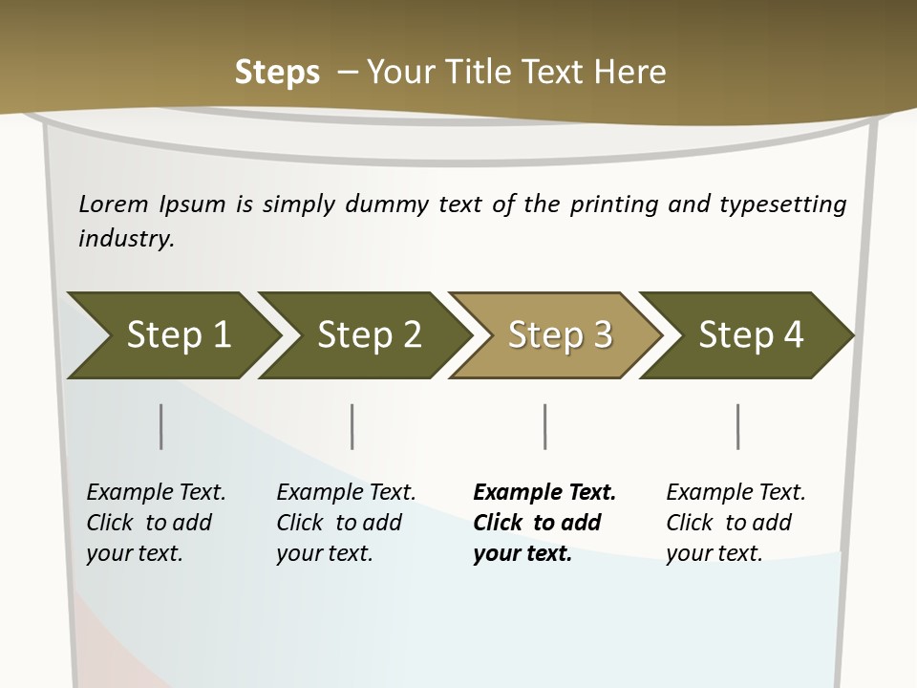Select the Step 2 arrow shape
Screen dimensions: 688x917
368,335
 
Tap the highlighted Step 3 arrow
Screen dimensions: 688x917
559,335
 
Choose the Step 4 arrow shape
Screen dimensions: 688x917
750,335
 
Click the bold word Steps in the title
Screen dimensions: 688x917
277,73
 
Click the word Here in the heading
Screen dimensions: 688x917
632,73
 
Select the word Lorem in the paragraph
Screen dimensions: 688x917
114,204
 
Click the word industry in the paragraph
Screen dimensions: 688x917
125,239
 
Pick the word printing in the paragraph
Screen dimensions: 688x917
611,204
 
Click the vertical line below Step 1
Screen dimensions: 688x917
160,426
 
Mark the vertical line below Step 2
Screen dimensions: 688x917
352,426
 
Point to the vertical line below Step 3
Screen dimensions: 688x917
544,426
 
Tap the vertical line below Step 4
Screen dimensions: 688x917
737,426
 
